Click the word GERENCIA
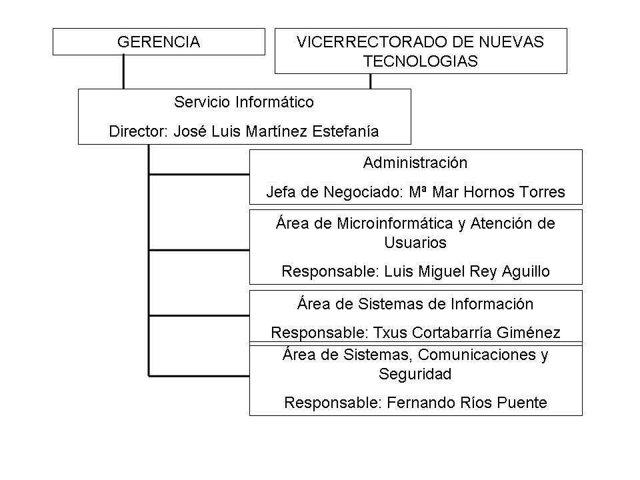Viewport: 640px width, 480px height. pyautogui.click(x=159, y=42)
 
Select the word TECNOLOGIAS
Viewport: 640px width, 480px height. pyautogui.click(x=421, y=61)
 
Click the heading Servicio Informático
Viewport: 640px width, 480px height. pyautogui.click(x=244, y=102)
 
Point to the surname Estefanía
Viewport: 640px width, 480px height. pyautogui.click(x=345, y=131)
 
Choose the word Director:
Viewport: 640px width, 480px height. pyautogui.click(x=139, y=131)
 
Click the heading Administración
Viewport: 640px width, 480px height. pyautogui.click(x=415, y=163)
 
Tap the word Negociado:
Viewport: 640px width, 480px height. pyautogui.click(x=365, y=192)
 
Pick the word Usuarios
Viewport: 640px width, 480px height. pyautogui.click(x=415, y=243)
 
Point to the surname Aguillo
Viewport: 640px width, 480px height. pyautogui.click(x=526, y=271)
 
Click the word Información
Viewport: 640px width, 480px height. pyautogui.click(x=492, y=304)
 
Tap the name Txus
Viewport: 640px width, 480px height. pyautogui.click(x=390, y=333)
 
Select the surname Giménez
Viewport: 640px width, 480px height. pyautogui.click(x=528, y=333)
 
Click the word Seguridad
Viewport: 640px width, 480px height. pyautogui.click(x=415, y=374)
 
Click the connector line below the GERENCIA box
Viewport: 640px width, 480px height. pyautogui.click(x=124, y=72)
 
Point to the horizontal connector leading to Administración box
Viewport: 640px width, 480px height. pyautogui.click(x=199, y=175)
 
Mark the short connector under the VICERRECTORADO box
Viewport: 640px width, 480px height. pyautogui.click(x=371, y=81)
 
